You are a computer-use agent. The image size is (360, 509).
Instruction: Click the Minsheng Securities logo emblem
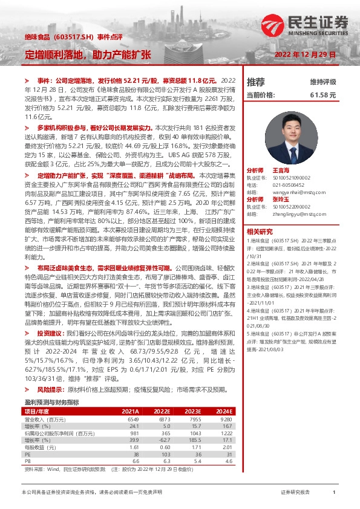click(x=270, y=27)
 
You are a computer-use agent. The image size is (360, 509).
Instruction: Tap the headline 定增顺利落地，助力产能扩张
click(x=88, y=54)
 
